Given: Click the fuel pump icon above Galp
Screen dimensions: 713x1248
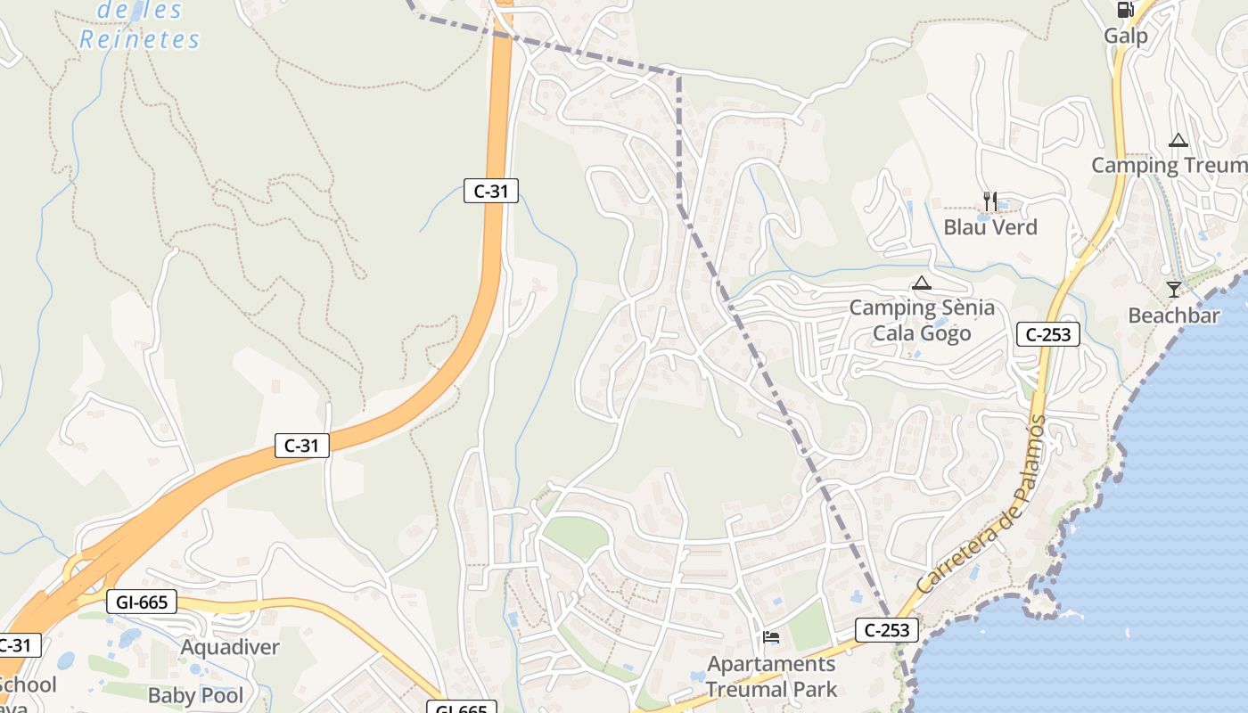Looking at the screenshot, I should pyautogui.click(x=1125, y=10).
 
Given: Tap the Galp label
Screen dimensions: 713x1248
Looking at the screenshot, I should pyautogui.click(x=1126, y=36).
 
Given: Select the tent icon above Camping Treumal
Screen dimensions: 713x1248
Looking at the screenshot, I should pyautogui.click(x=1178, y=140).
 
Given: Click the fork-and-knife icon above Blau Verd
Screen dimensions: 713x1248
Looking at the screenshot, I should pyautogui.click(x=990, y=201).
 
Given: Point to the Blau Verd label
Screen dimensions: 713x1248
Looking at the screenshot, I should pyautogui.click(x=990, y=227).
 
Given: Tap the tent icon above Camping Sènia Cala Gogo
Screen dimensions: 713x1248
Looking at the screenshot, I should pyautogui.click(x=921, y=284).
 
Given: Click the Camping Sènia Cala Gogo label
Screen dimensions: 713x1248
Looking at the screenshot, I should pyautogui.click(x=922, y=321).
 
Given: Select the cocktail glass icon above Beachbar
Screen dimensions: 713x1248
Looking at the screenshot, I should pyautogui.click(x=1173, y=290).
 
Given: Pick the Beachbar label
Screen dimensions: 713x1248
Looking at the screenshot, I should pyautogui.click(x=1173, y=316).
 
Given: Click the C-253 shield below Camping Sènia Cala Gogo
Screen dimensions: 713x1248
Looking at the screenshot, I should pyautogui.click(x=1048, y=335).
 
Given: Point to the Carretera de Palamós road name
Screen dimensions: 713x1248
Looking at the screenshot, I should pyautogui.click(x=981, y=506).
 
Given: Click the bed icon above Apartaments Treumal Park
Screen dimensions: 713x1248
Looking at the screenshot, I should pyautogui.click(x=771, y=637).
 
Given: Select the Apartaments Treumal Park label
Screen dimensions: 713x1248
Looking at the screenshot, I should pyautogui.click(x=772, y=676).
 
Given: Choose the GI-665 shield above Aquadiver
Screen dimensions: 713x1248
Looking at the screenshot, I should pyautogui.click(x=142, y=602).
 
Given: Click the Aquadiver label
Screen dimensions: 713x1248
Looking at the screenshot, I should pyautogui.click(x=230, y=647).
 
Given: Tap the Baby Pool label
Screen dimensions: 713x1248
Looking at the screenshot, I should pyautogui.click(x=196, y=695).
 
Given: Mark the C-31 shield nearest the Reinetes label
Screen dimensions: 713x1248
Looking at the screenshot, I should pyautogui.click(x=490, y=190).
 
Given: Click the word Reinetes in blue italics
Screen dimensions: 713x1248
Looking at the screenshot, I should pyautogui.click(x=140, y=39).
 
